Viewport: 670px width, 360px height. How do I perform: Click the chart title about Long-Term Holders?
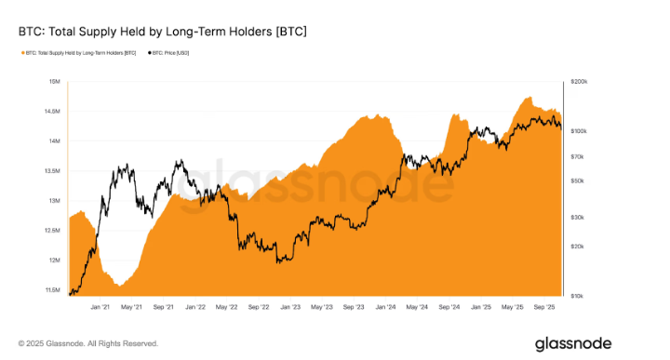(163, 32)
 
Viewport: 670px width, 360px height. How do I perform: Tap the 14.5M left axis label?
(53, 112)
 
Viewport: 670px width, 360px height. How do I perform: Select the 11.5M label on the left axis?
(53, 290)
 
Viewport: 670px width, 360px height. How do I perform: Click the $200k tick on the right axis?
(578, 82)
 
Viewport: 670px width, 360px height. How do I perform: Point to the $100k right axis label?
(578, 132)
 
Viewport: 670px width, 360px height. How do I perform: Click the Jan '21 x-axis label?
(101, 306)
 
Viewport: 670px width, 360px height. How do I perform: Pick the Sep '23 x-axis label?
(354, 306)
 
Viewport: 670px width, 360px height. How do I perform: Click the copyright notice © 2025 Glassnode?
(87, 343)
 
